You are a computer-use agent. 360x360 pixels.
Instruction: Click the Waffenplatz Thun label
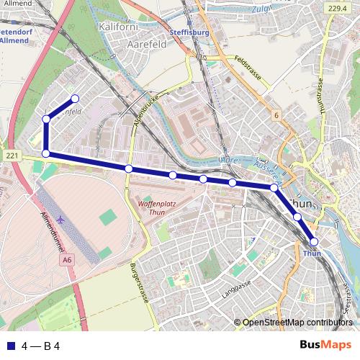(x=151, y=207)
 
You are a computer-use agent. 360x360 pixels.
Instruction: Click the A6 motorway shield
(x=67, y=259)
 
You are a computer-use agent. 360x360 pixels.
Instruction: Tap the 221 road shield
(x=11, y=156)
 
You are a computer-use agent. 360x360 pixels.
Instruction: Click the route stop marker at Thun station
(x=313, y=242)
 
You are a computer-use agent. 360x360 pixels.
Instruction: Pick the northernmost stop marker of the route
(x=73, y=99)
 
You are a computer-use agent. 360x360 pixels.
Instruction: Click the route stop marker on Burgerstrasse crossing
(x=128, y=168)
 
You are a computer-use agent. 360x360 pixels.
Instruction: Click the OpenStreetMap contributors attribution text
(x=297, y=323)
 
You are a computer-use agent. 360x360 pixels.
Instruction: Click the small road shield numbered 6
(x=275, y=115)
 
